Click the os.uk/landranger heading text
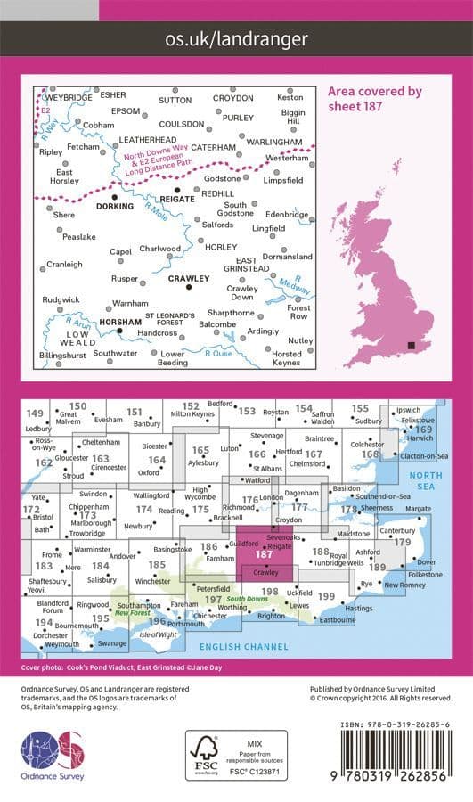click(236, 38)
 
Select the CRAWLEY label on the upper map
click(188, 278)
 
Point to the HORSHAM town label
click(95, 321)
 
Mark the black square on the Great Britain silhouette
click(411, 345)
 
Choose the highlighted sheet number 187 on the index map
click(263, 553)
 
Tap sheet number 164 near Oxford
click(157, 460)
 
